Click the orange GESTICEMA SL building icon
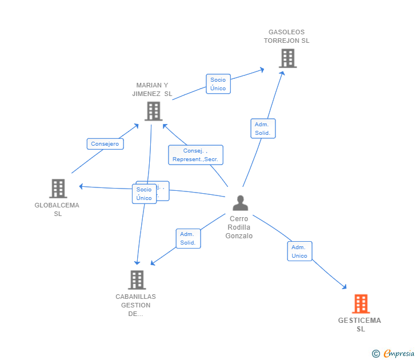(x=361, y=303)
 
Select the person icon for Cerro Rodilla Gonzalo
(x=241, y=203)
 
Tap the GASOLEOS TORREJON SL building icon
(x=287, y=58)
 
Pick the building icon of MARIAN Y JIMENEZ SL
(x=153, y=111)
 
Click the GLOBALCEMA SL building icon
(x=58, y=188)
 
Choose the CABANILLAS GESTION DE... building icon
(x=137, y=279)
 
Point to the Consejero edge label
(x=105, y=144)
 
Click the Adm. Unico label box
(x=299, y=251)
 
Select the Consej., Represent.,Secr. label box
(x=195, y=155)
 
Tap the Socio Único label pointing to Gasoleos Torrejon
(x=218, y=84)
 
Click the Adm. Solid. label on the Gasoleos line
(x=263, y=129)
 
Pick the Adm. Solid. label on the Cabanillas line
(x=187, y=238)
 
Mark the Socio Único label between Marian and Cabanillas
(x=144, y=194)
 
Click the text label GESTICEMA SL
(x=359, y=325)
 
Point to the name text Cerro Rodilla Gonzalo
(x=239, y=227)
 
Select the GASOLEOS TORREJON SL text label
(x=286, y=37)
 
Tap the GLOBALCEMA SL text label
(x=57, y=209)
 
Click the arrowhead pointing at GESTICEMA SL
(x=345, y=287)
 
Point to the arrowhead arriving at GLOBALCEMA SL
(x=81, y=186)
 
